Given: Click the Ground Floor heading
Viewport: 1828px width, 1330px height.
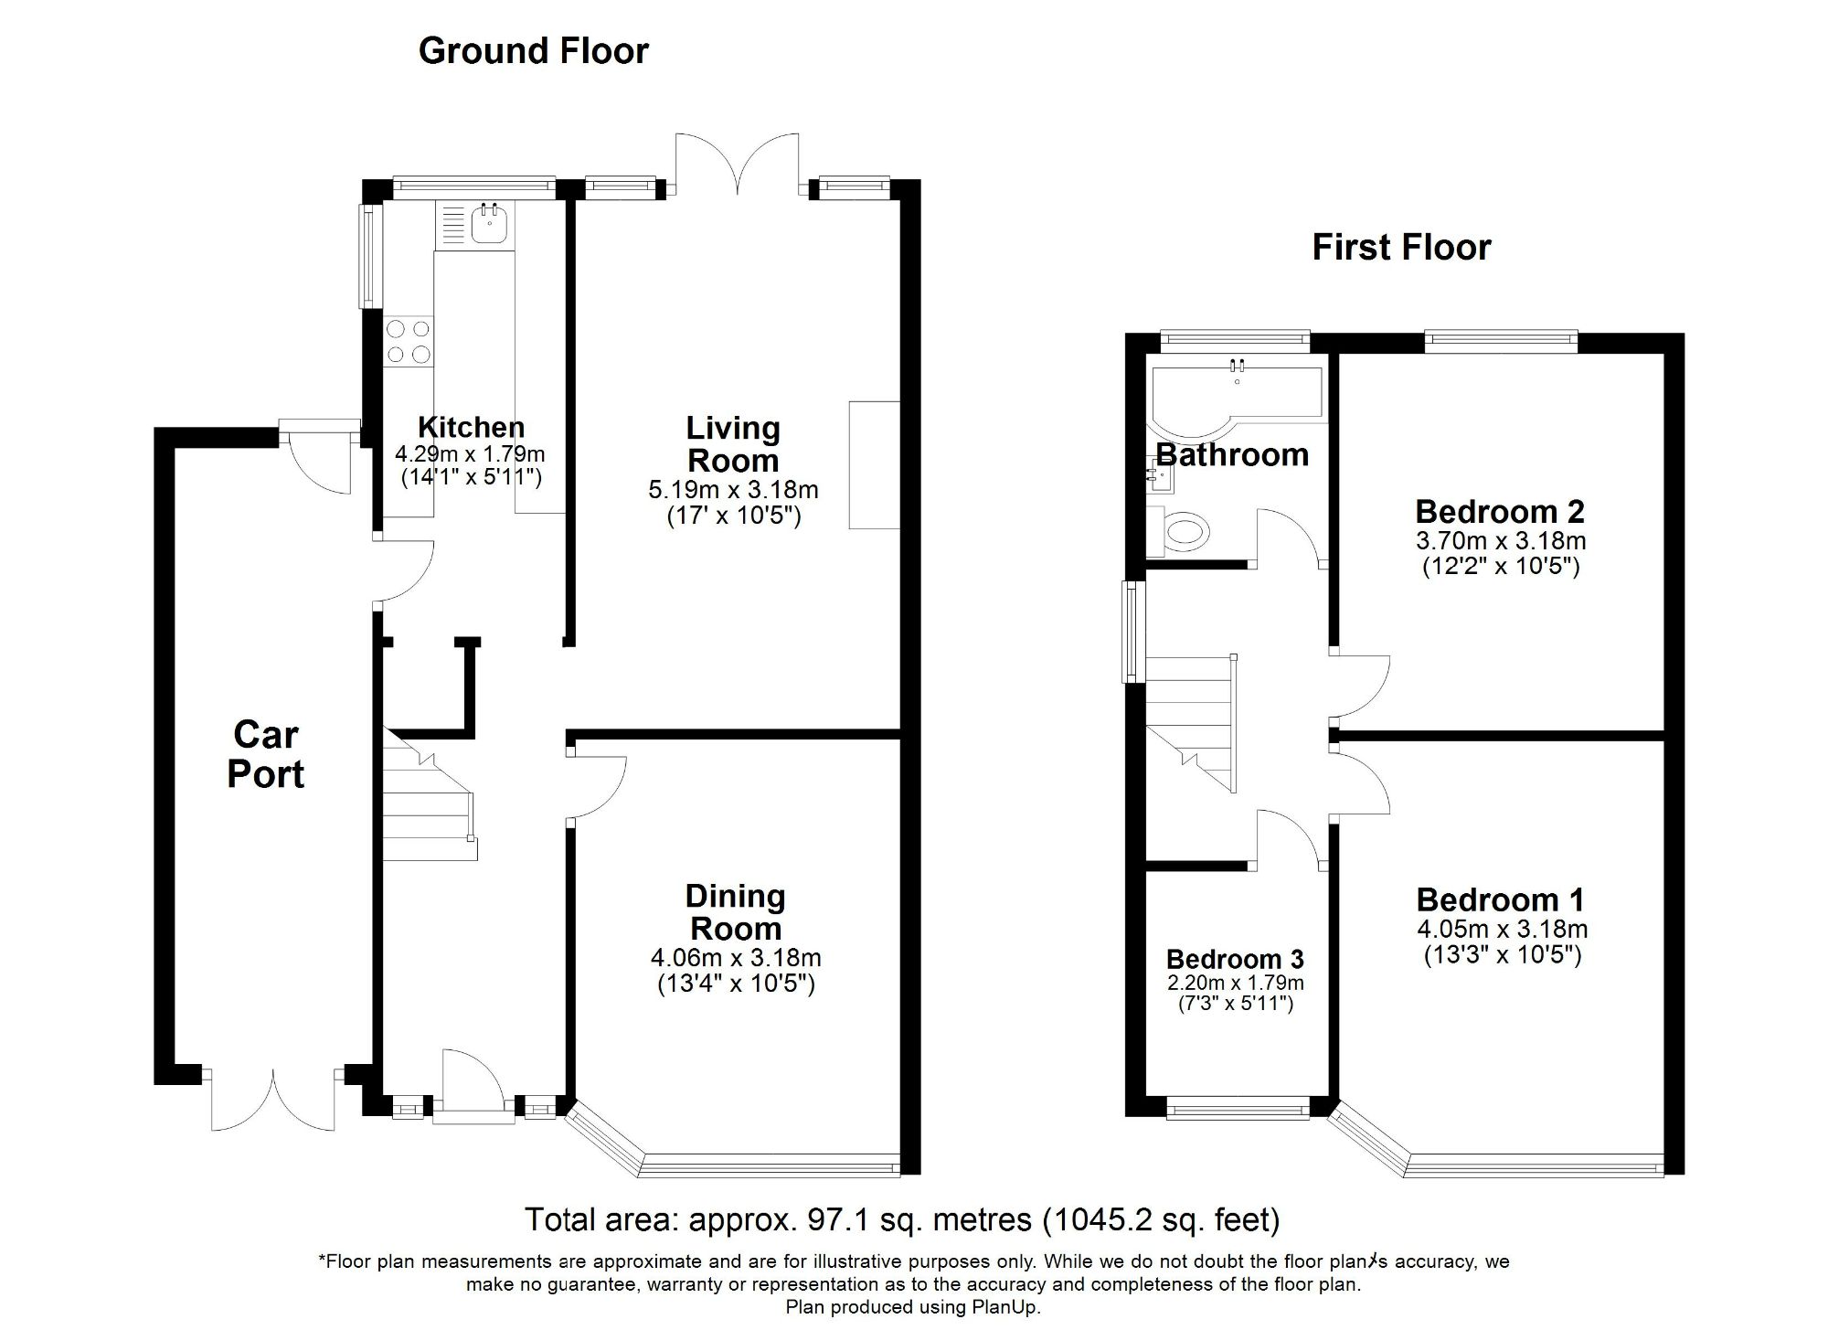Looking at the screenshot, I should tap(533, 51).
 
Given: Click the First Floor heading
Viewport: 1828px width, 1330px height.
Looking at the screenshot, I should tap(1401, 248).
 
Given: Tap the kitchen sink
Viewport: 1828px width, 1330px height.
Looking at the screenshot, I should tap(490, 224).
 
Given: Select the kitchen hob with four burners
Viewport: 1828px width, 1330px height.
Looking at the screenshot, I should tap(409, 341).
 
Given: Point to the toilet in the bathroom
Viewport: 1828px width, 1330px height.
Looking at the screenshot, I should tap(1183, 531).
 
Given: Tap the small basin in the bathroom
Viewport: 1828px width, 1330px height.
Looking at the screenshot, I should tap(1157, 476).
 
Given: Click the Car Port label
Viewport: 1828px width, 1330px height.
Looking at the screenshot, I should tap(265, 754).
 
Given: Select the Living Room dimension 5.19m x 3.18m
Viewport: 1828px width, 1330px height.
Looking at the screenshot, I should tap(733, 490).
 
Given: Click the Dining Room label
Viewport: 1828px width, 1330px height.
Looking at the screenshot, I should tap(735, 912).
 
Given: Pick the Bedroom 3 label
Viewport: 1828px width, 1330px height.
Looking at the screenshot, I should tap(1234, 959).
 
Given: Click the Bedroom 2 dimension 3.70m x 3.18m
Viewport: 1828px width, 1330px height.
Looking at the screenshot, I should tap(1500, 541).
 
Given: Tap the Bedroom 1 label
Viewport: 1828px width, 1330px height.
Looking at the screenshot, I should tap(1500, 900).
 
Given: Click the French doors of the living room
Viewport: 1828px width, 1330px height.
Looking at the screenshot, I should tap(737, 165).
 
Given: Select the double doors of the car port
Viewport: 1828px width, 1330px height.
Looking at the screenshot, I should tap(272, 1101).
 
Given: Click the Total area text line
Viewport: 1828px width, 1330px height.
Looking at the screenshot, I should tap(901, 1219).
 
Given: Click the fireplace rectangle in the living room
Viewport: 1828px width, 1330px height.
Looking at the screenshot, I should tap(875, 464).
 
